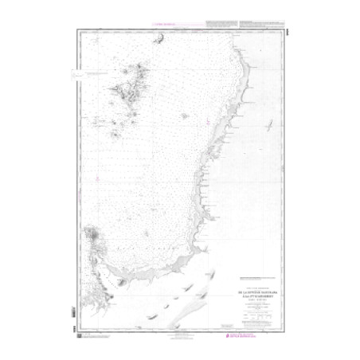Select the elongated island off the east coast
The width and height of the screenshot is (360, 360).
coord(268,126)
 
